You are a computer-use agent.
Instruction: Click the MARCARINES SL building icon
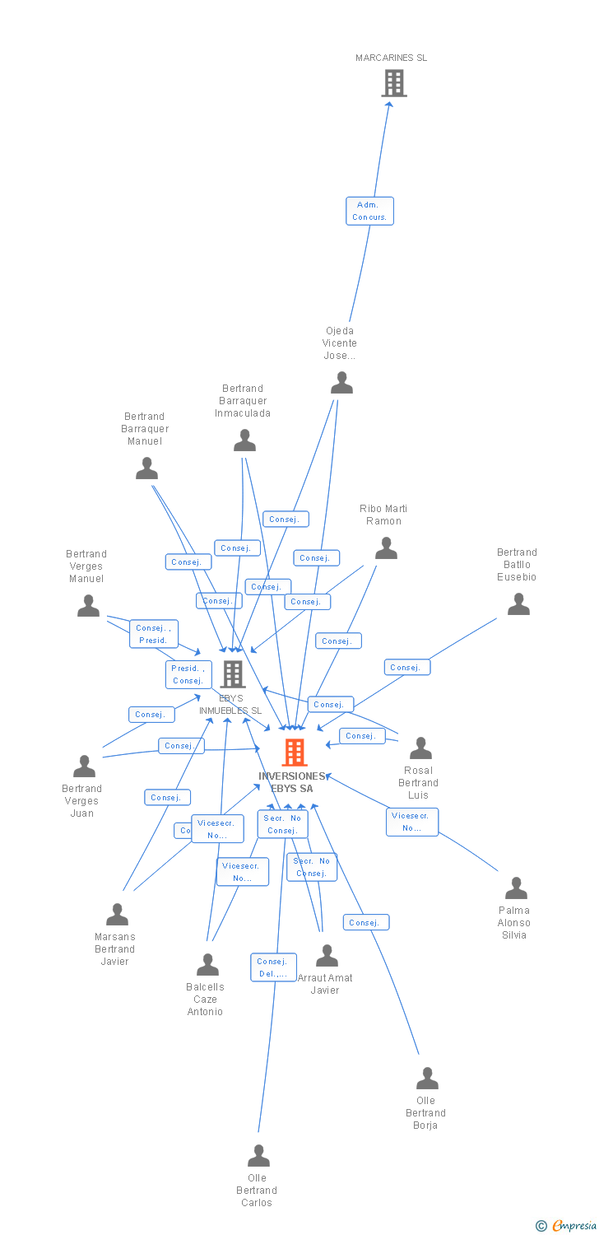394,83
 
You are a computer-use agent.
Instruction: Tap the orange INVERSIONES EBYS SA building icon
295,753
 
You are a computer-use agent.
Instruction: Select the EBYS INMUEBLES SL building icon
233,674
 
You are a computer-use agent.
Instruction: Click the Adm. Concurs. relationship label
369,211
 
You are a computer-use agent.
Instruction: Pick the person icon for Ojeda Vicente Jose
341,383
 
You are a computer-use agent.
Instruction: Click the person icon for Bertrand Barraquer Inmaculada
244,441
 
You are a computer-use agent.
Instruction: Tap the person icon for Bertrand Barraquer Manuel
146,468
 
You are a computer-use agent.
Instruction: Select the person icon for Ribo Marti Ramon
386,548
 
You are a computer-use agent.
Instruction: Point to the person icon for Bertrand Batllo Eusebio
518,604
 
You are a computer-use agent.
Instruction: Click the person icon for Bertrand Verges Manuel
88,606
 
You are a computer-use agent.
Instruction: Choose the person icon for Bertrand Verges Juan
84,767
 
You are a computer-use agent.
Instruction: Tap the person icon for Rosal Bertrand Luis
420,748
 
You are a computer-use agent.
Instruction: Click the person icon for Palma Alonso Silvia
516,888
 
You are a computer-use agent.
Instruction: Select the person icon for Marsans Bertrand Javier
117,915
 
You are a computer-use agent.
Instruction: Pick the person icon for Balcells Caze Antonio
207,965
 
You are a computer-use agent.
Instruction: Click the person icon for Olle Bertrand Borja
427,1079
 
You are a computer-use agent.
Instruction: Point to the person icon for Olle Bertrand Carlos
258,1156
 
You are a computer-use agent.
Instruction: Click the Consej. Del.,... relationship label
273,967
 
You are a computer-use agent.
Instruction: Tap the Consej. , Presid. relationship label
153,634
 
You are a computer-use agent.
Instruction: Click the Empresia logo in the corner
568,1226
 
